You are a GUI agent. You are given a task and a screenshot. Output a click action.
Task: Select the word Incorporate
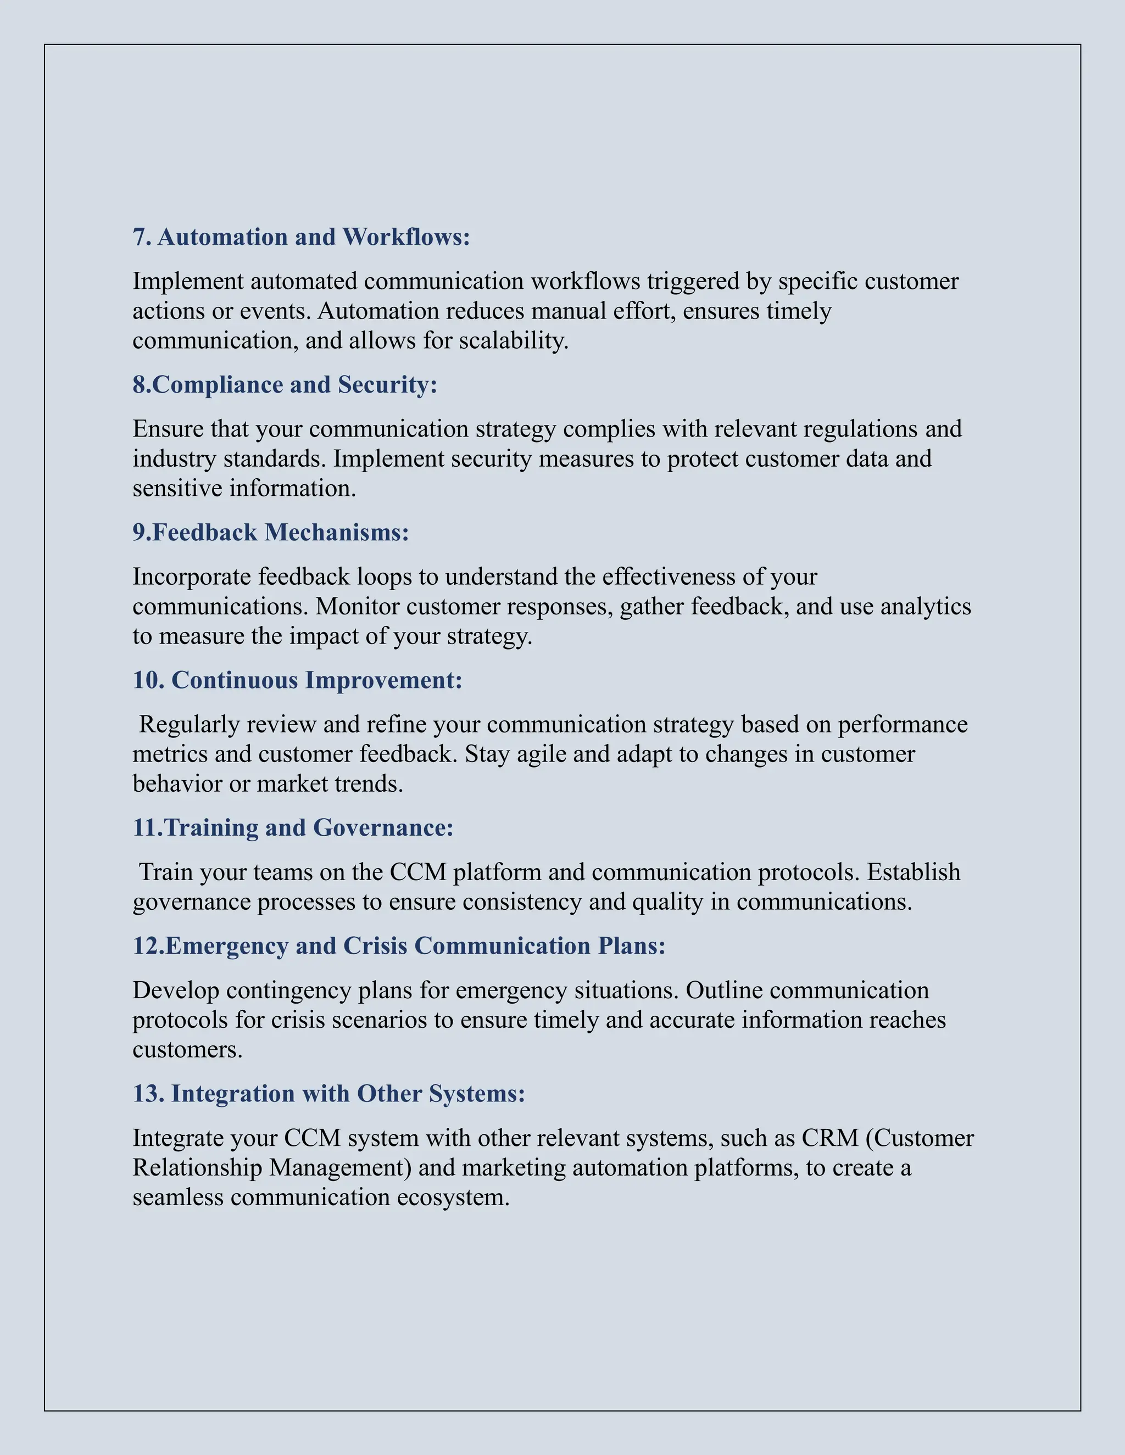(192, 577)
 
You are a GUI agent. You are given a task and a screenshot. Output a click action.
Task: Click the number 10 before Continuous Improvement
(148, 680)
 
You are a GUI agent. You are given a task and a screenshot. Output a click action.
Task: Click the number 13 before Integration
(148, 1094)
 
